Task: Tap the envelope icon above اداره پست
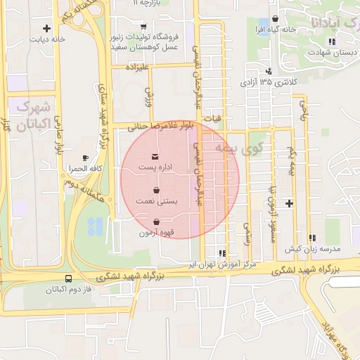coord(155,155)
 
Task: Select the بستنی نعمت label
coord(157,202)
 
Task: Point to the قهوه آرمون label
coord(156,232)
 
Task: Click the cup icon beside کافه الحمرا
coord(86,157)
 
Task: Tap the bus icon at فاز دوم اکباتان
coord(67,278)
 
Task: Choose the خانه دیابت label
coord(47,39)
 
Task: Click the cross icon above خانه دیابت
coord(46,29)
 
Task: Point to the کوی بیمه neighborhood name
coord(250,148)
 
